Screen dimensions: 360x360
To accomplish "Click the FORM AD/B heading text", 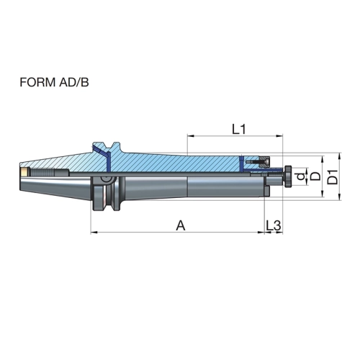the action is (x=54, y=82).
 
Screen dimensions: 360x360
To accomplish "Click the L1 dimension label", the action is (x=239, y=130).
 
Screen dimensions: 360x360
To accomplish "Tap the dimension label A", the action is (x=181, y=225).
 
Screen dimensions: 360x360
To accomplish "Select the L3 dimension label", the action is (x=273, y=225).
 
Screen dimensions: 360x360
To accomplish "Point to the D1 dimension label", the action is (x=333, y=177).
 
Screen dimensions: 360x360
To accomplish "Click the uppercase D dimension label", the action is (x=315, y=176).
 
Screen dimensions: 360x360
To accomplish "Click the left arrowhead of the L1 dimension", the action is (x=190, y=136).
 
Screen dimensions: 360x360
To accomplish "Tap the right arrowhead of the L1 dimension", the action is (x=280, y=136).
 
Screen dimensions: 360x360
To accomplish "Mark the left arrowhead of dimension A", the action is (x=94, y=233).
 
